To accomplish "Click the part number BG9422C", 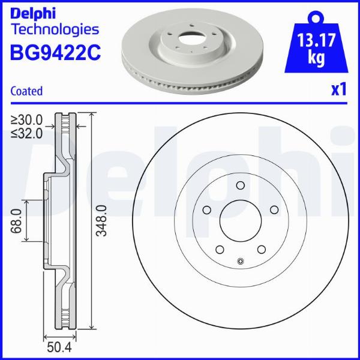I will [55, 54].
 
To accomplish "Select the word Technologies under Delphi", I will [55, 29].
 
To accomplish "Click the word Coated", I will [27, 91].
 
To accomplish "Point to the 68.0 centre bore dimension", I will [17, 220].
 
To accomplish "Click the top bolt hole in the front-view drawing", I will [240, 185].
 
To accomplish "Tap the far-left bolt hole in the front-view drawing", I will [206, 210].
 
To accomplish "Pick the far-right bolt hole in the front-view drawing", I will [274, 210].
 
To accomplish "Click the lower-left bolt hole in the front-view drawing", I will [219, 250].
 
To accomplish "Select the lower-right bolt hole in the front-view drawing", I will [262, 250].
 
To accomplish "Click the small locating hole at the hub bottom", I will [240, 260].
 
